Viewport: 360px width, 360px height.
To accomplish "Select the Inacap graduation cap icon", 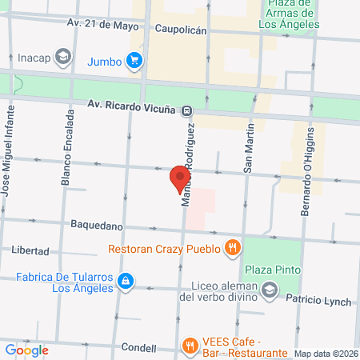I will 65,57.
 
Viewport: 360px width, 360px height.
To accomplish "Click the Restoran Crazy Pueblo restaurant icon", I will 232,247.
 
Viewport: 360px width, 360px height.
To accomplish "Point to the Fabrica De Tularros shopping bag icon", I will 125,281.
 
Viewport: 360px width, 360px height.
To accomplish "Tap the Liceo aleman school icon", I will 270,290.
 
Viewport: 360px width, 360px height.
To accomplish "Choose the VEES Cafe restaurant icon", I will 190,346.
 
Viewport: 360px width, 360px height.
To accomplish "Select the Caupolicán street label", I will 180,29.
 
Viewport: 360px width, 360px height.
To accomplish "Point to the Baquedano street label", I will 96,226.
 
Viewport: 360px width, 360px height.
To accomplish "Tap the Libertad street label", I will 30,250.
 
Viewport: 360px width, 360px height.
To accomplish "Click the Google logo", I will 26,350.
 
